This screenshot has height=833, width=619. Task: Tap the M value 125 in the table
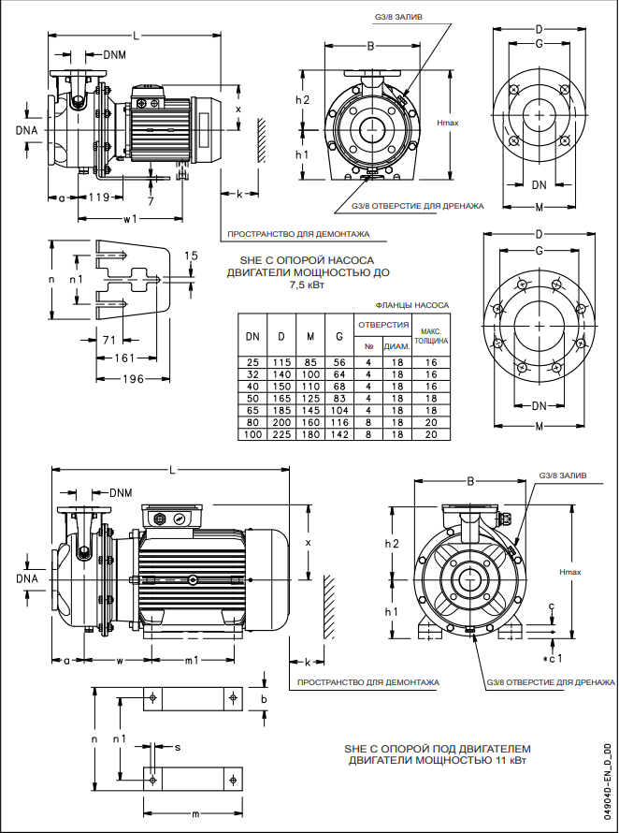pyautogui.click(x=309, y=396)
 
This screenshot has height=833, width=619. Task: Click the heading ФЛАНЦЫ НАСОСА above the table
pyautogui.click(x=411, y=305)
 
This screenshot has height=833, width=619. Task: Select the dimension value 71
pyautogui.click(x=108, y=339)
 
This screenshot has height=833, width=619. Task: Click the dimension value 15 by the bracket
pyautogui.click(x=191, y=255)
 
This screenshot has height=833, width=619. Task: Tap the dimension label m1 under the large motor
pyautogui.click(x=191, y=661)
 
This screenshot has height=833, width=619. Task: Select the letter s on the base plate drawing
pyautogui.click(x=178, y=746)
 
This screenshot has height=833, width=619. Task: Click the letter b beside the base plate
pyautogui.click(x=265, y=698)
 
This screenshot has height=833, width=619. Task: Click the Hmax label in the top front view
pyautogui.click(x=447, y=123)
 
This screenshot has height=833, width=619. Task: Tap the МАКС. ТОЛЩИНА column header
pyautogui.click(x=431, y=336)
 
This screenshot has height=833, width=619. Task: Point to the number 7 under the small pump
pyautogui.click(x=150, y=201)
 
